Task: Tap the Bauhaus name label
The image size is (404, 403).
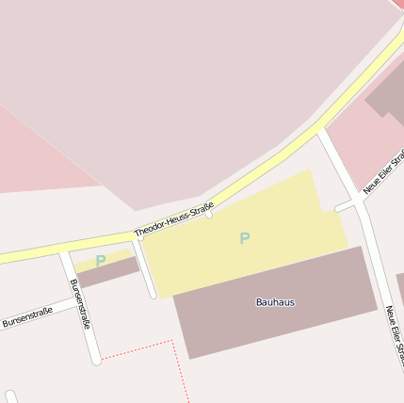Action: [275, 302]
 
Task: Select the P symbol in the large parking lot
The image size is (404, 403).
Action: [245, 238]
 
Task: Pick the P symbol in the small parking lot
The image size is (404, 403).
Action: [101, 260]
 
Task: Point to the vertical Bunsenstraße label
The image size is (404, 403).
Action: [81, 303]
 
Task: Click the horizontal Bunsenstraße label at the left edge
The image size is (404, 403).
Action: [25, 316]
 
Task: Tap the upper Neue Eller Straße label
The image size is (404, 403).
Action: [384, 170]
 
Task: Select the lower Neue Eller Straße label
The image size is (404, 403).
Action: [394, 334]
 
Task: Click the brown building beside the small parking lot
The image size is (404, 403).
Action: [108, 272]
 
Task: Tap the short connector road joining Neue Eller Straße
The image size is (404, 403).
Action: [347, 205]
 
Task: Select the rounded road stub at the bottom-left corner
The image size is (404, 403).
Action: [11, 396]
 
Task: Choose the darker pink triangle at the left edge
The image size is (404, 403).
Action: [28, 155]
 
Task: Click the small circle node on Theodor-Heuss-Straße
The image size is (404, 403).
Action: [209, 214]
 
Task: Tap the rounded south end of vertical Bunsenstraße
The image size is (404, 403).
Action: [95, 359]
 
